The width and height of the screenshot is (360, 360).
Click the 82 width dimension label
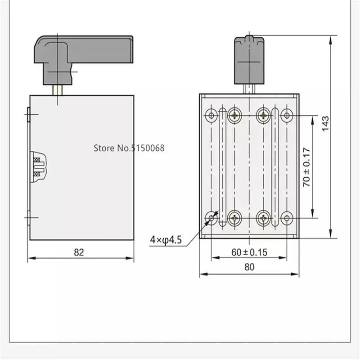point(79,252)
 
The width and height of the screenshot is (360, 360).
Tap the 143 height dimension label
point(326,124)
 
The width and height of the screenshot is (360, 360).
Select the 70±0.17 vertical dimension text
point(307,167)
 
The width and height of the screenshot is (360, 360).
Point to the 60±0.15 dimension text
point(249,252)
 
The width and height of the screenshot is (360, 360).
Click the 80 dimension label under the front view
point(249,267)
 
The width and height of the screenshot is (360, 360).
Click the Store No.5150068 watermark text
point(129,147)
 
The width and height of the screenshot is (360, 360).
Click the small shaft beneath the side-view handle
point(58,90)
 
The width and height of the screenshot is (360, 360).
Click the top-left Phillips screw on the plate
point(235,115)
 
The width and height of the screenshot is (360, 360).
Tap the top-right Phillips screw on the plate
point(264,115)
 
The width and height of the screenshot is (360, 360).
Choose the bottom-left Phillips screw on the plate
point(235,219)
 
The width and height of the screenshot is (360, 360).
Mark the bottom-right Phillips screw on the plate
point(264,219)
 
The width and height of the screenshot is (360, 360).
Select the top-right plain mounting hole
point(287,115)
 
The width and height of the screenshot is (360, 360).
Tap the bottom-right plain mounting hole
point(287,219)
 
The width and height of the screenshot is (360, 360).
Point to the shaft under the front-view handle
point(250,89)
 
